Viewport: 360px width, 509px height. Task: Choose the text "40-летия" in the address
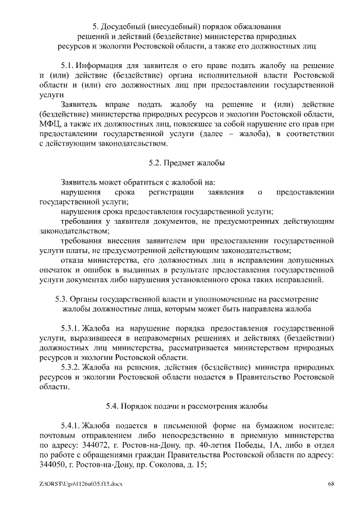point(199,444)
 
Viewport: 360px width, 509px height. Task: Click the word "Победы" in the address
point(232,444)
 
